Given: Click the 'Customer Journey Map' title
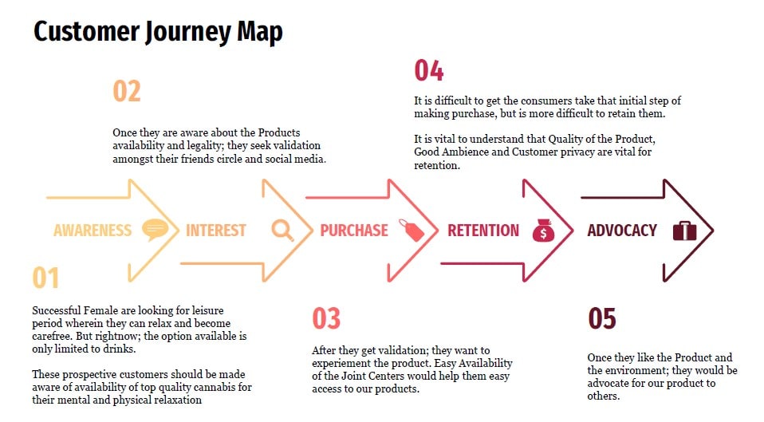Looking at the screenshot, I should [158, 32].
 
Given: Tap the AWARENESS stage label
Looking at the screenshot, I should [93, 231].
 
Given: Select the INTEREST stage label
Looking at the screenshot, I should [216, 231].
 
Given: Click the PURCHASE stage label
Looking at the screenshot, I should [354, 231].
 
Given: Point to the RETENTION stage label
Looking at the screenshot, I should [483, 231].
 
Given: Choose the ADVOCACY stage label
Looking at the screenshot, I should [622, 231].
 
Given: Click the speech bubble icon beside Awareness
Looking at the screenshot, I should [155, 230].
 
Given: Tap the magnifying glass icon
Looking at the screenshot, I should [282, 230].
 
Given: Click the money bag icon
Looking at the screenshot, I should [542, 230].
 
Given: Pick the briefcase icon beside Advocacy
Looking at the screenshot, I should [685, 231].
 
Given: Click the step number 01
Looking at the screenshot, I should [46, 278].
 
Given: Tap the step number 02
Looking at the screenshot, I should [127, 91].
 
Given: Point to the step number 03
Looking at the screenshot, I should [326, 318].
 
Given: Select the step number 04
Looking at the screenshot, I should [429, 70].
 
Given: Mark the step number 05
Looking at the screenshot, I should [602, 318].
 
